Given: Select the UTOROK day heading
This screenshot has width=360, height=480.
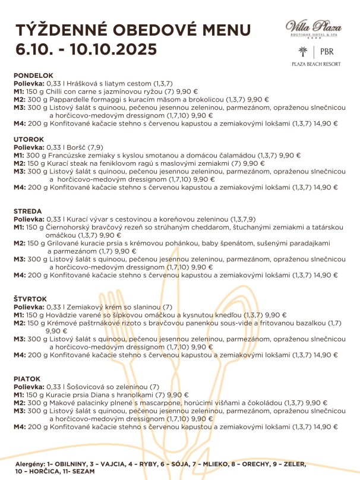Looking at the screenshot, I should (26, 139).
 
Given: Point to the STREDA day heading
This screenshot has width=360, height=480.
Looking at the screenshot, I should (25, 211).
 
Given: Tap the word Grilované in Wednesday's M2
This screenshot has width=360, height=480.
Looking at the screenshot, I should (66, 243).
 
